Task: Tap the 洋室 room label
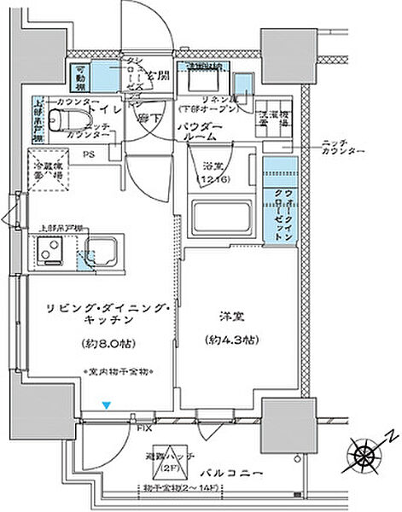click(x=226, y=315)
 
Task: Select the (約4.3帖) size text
click(x=227, y=339)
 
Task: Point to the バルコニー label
click(x=239, y=471)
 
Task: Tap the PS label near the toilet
click(x=88, y=155)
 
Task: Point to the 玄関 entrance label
click(x=159, y=76)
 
